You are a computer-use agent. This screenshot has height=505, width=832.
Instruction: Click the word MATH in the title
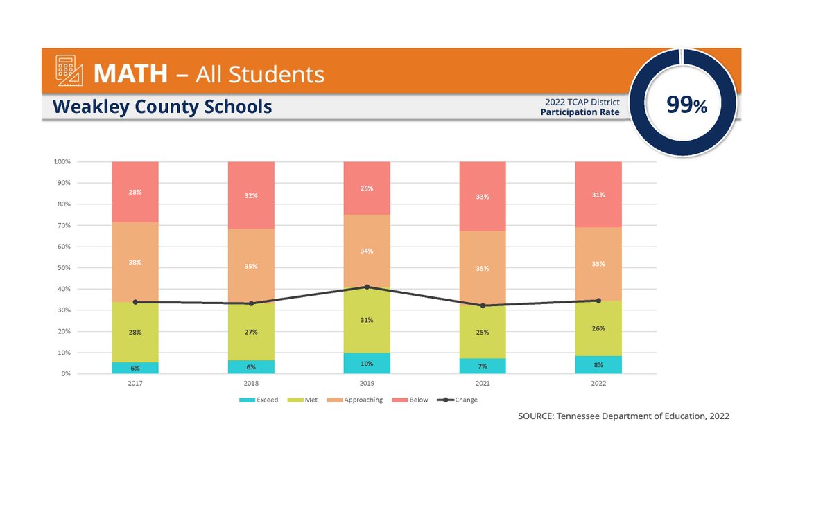(x=130, y=73)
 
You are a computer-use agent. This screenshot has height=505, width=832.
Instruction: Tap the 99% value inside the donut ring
(x=686, y=105)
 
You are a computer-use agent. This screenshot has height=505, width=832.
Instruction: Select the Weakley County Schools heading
(x=162, y=107)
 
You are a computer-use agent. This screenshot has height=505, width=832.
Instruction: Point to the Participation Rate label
(x=580, y=112)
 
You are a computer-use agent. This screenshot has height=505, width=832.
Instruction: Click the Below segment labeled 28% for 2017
(x=135, y=192)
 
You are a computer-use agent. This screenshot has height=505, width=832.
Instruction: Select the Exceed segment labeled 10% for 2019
(x=367, y=363)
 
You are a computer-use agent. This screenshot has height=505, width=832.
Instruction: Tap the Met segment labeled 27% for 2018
(x=251, y=332)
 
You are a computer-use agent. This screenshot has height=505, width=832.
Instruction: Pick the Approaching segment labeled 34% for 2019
(x=367, y=251)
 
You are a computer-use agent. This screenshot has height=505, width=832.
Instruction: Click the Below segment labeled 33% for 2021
(x=483, y=197)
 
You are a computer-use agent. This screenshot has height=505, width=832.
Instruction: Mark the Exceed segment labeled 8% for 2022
(x=598, y=364)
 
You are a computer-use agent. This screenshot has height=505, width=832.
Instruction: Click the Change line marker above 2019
(x=367, y=287)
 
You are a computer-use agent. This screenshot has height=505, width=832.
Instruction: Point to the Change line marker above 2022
(x=598, y=301)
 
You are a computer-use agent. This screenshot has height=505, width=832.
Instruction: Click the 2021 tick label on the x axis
(x=483, y=382)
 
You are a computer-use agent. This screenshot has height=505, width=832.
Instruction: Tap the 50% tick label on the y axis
(x=62, y=268)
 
